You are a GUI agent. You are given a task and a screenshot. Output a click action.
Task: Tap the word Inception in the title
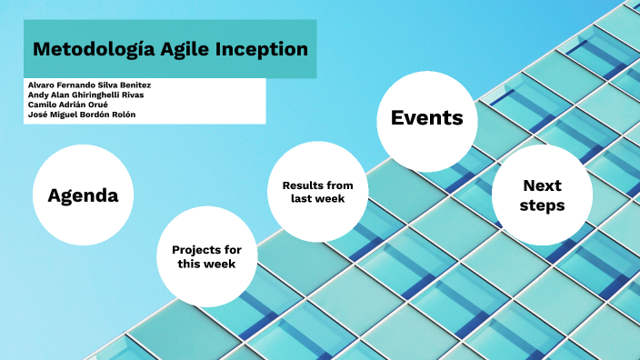(x=261, y=49)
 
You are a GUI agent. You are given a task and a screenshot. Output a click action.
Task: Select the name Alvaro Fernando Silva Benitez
(x=89, y=85)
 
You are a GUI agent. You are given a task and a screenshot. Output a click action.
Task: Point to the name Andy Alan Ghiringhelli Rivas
(x=85, y=95)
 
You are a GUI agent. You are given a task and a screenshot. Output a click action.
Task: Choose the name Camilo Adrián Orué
(x=68, y=105)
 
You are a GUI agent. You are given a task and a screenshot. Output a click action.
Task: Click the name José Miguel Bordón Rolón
(x=82, y=115)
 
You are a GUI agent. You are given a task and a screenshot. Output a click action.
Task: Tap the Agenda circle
(x=83, y=195)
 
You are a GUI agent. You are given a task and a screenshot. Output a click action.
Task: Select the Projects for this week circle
(x=206, y=256)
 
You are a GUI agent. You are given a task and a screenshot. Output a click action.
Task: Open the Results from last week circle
(x=317, y=192)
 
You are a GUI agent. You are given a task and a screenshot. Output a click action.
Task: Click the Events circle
(x=426, y=117)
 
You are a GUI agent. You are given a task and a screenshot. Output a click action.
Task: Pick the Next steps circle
(x=542, y=195)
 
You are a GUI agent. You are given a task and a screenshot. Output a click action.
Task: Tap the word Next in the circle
(x=542, y=185)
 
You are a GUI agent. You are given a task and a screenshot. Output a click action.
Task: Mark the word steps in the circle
(x=542, y=205)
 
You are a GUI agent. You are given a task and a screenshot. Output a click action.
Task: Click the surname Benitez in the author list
(x=132, y=85)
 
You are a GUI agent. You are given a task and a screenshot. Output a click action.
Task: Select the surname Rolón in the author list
(x=121, y=115)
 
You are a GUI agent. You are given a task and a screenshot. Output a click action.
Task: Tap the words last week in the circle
(x=317, y=199)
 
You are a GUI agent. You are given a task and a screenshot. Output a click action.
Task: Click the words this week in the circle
(x=206, y=265)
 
